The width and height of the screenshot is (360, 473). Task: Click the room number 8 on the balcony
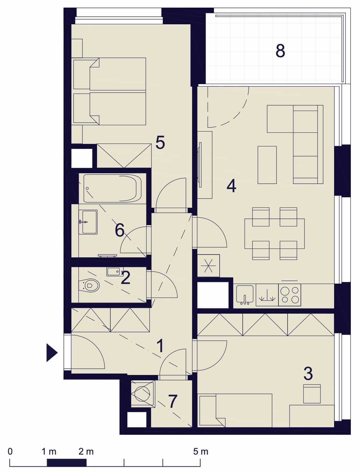click(280, 51)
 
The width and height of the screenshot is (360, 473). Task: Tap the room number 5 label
click(160, 142)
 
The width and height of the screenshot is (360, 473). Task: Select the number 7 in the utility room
click(173, 401)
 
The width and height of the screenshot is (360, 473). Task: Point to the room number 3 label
click(308, 374)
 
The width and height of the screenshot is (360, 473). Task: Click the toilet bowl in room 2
click(89, 286)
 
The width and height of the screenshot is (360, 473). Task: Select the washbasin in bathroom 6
click(88, 222)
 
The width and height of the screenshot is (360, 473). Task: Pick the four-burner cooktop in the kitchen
click(290, 295)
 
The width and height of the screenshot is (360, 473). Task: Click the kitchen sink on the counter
click(245, 295)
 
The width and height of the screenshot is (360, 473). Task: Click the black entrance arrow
click(52, 353)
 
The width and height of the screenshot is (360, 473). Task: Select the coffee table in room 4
click(267, 165)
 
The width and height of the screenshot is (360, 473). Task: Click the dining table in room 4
click(275, 234)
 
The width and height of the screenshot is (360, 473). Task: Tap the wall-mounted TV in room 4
click(200, 165)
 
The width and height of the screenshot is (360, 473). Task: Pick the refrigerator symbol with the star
click(208, 266)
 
